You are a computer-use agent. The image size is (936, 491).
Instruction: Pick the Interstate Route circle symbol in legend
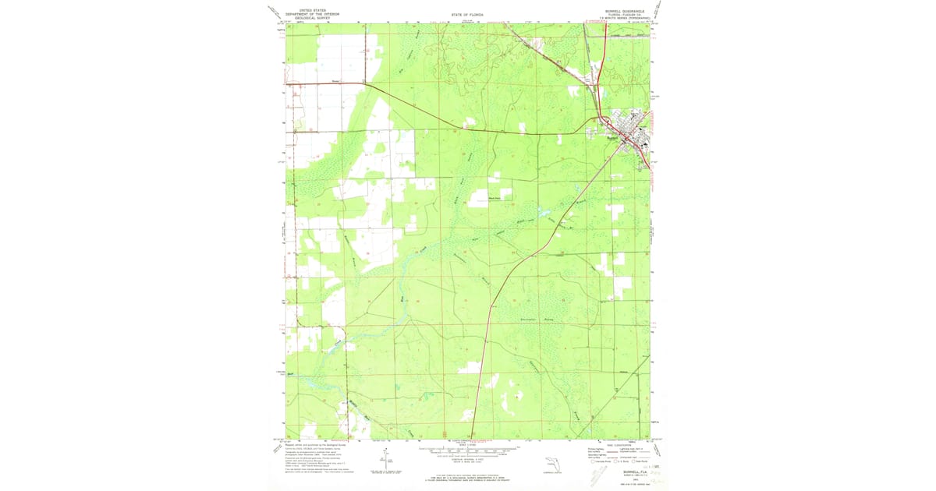tap(590, 463)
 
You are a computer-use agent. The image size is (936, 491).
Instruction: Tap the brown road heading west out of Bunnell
tap(507, 133)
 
